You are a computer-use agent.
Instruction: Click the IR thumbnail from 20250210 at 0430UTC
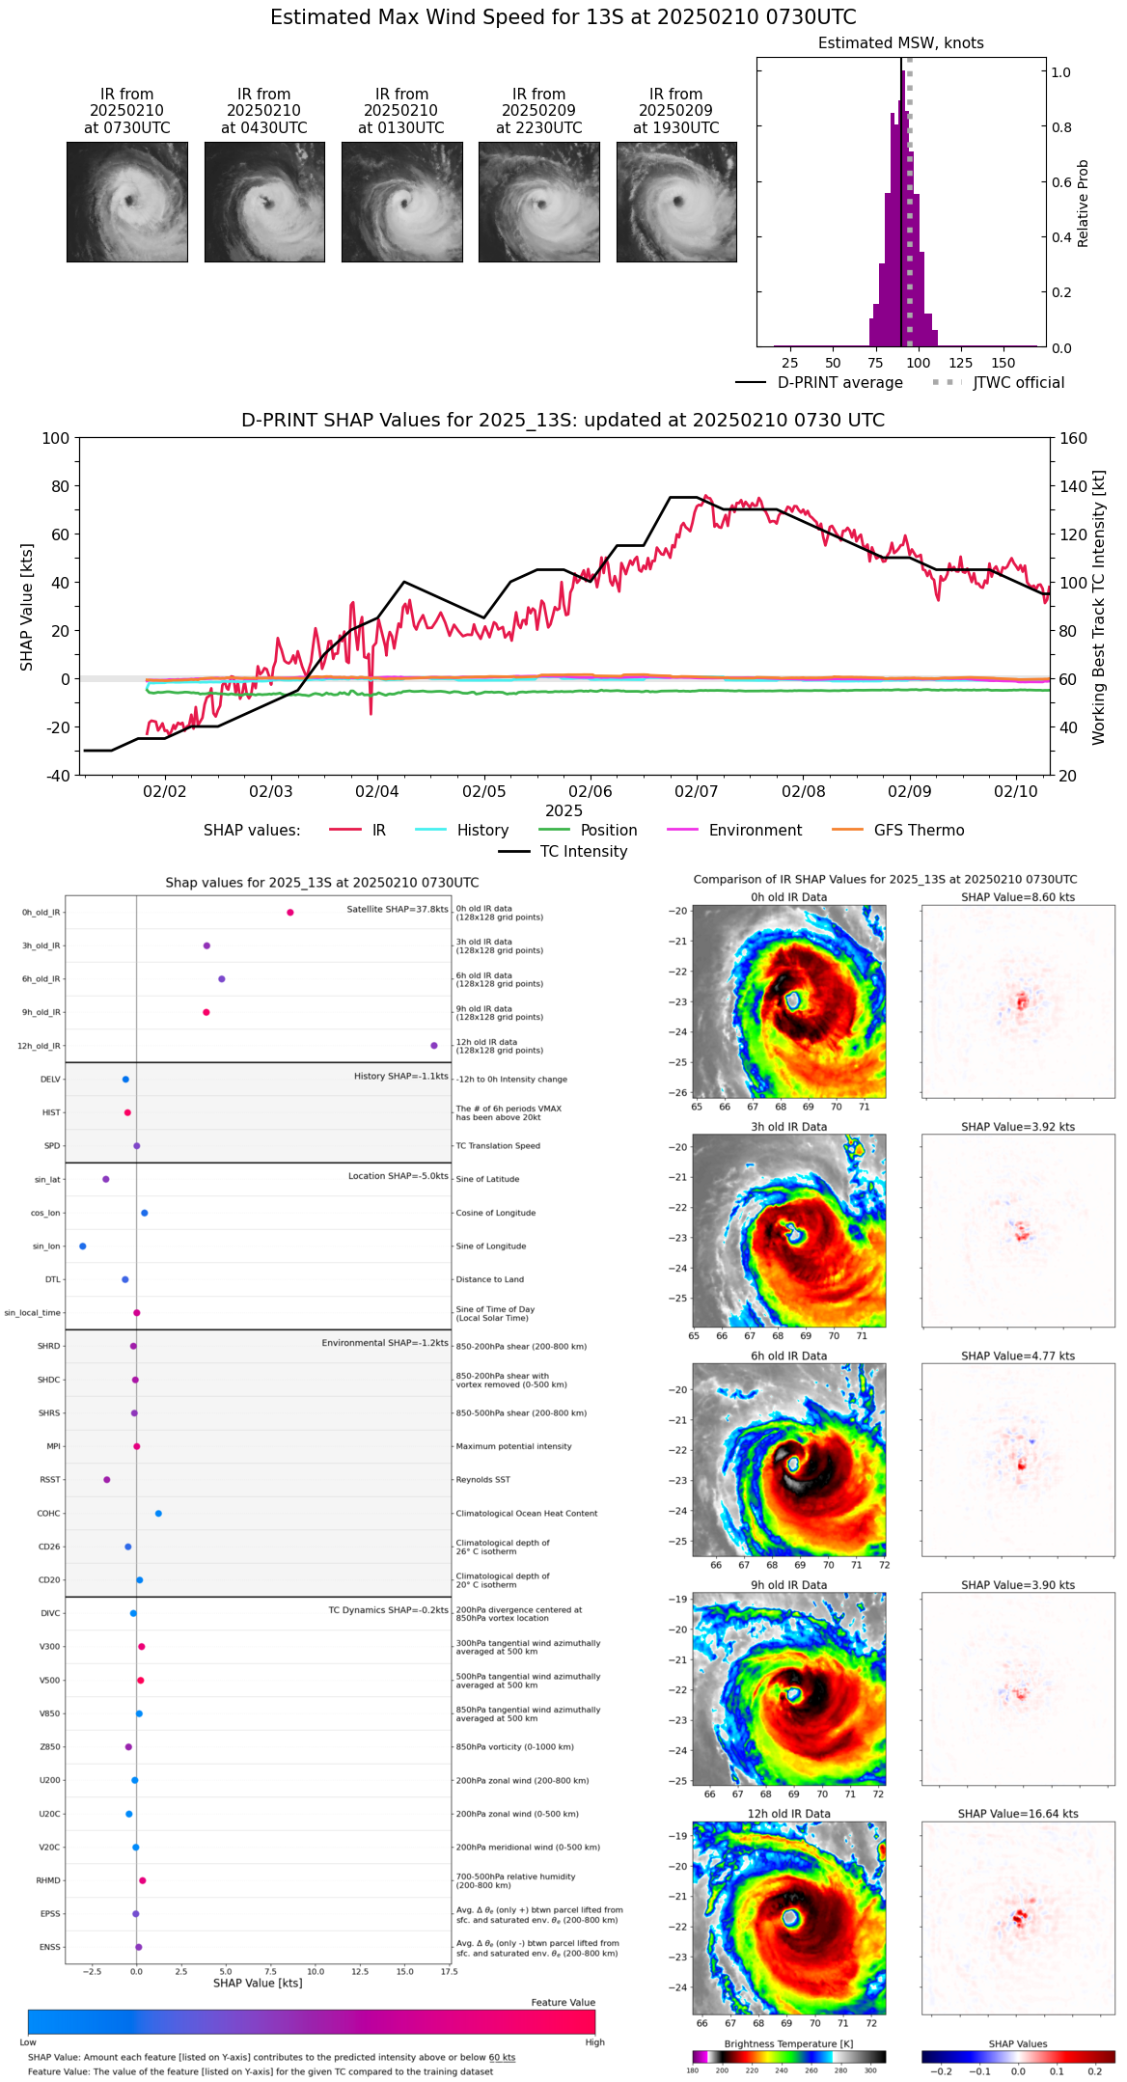click(x=264, y=202)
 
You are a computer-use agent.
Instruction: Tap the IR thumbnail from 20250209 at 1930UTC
click(x=676, y=202)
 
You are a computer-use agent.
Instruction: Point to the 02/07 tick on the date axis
click(x=697, y=792)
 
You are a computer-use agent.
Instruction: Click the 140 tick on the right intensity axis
click(x=1073, y=486)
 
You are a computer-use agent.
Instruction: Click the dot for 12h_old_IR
click(x=434, y=1046)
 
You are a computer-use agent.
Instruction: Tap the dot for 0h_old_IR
click(x=290, y=913)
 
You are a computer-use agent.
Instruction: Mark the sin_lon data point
click(x=83, y=1246)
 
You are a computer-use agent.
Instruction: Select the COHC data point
click(x=158, y=1514)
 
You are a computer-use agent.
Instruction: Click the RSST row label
click(x=50, y=1480)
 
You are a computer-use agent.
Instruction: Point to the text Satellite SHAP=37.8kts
click(x=398, y=910)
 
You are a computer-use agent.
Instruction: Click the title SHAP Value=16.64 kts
click(x=1018, y=1815)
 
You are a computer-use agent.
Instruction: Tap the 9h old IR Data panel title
click(x=788, y=1585)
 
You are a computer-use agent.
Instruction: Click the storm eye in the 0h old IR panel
click(x=793, y=1000)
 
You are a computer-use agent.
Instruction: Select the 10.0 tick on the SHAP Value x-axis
click(x=316, y=1972)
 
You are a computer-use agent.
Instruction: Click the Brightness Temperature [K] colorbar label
click(x=788, y=2044)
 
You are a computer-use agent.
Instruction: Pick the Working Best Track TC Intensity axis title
click(x=1099, y=608)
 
